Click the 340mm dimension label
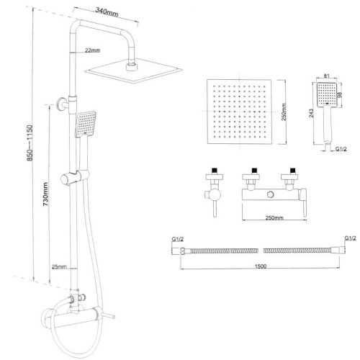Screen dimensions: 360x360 click(x=107, y=12)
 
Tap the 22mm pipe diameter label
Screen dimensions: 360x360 click(x=92, y=50)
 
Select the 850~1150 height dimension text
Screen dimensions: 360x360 click(x=30, y=143)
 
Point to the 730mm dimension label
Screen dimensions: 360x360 click(x=45, y=194)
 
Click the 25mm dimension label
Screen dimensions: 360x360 click(x=59, y=266)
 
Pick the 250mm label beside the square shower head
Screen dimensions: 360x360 click(x=284, y=112)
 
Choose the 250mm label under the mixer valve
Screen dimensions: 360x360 click(x=274, y=218)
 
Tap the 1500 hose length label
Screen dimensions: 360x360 click(x=261, y=266)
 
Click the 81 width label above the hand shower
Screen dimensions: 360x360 click(x=326, y=76)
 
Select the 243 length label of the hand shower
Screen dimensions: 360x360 click(x=311, y=113)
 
